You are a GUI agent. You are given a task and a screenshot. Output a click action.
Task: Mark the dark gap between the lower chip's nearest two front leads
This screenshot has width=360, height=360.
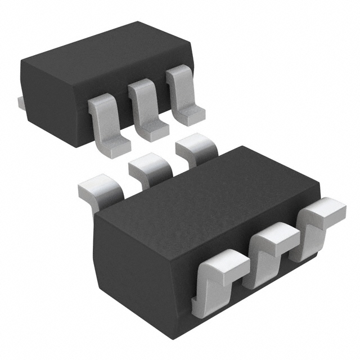coord(247,276)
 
